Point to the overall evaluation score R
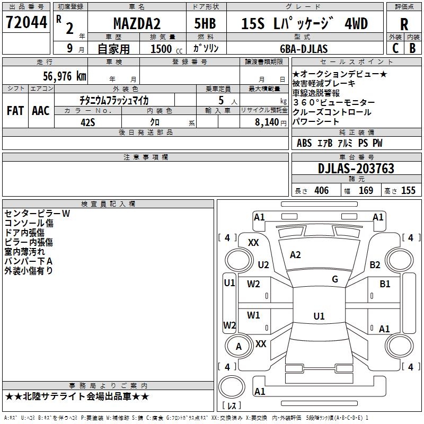(x=404, y=24)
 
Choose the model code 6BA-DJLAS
(x=304, y=49)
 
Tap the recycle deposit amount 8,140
(x=267, y=122)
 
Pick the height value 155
(x=408, y=191)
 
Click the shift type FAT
(x=15, y=111)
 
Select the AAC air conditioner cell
(x=41, y=111)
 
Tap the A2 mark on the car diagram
(x=295, y=255)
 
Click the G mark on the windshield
(x=334, y=279)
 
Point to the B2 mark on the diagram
(x=375, y=265)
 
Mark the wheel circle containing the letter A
(x=238, y=347)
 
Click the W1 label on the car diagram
(x=254, y=315)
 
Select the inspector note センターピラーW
(x=37, y=214)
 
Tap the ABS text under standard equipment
(x=304, y=143)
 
